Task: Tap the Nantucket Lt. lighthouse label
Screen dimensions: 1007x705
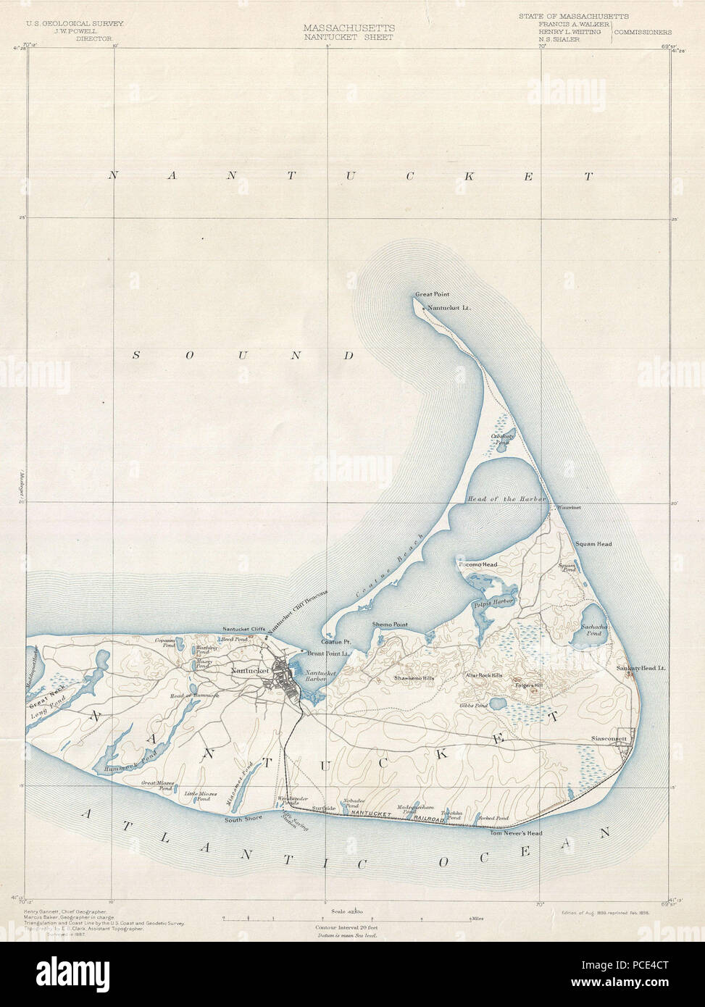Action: pos(449,308)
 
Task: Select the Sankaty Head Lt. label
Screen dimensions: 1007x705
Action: pos(641,667)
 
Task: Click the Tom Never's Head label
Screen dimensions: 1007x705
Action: pos(516,833)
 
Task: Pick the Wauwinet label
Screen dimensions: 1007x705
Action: pos(569,507)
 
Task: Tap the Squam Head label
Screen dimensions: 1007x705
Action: pos(593,543)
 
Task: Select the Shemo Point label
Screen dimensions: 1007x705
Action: pos(390,624)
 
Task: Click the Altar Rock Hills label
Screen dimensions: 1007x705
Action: pos(483,675)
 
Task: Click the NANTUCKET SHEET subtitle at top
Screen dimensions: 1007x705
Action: pos(349,37)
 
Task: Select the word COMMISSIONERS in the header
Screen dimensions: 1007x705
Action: pos(643,32)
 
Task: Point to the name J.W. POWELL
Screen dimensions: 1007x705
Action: pos(75,30)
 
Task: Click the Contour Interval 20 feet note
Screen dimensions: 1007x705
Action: pos(346,927)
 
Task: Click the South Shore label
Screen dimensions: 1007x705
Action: pos(243,819)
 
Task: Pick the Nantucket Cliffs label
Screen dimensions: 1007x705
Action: pos(243,629)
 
